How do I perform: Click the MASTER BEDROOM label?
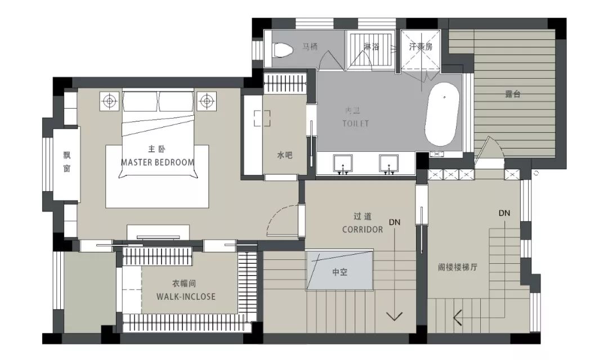[158, 162]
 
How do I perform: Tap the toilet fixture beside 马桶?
[283, 48]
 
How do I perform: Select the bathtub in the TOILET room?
[441, 114]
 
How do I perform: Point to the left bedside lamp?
[110, 101]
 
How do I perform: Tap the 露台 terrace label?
[513, 94]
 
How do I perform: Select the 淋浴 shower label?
[370, 47]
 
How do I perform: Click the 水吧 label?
[285, 156]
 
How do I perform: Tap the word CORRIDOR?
[363, 229]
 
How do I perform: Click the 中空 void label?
[339, 272]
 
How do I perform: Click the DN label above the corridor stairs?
[395, 222]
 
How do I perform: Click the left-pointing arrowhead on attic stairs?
[457, 319]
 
